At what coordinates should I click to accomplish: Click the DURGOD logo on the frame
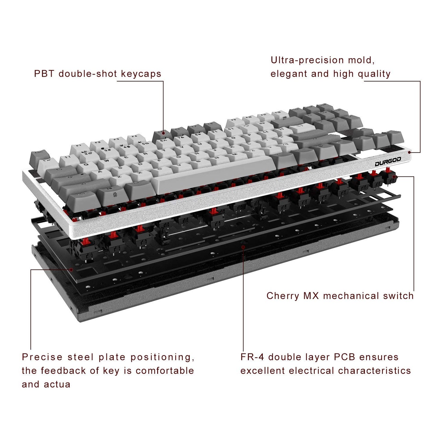(x=388, y=162)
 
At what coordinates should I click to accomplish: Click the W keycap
(x=106, y=160)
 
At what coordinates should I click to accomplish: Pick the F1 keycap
(x=79, y=147)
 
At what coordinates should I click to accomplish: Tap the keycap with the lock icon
(x=114, y=194)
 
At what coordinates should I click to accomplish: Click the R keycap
(x=146, y=154)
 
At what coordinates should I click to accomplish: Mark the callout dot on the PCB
(x=243, y=247)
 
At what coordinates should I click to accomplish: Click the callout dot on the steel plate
(x=71, y=269)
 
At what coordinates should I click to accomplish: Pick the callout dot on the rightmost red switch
(x=394, y=176)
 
